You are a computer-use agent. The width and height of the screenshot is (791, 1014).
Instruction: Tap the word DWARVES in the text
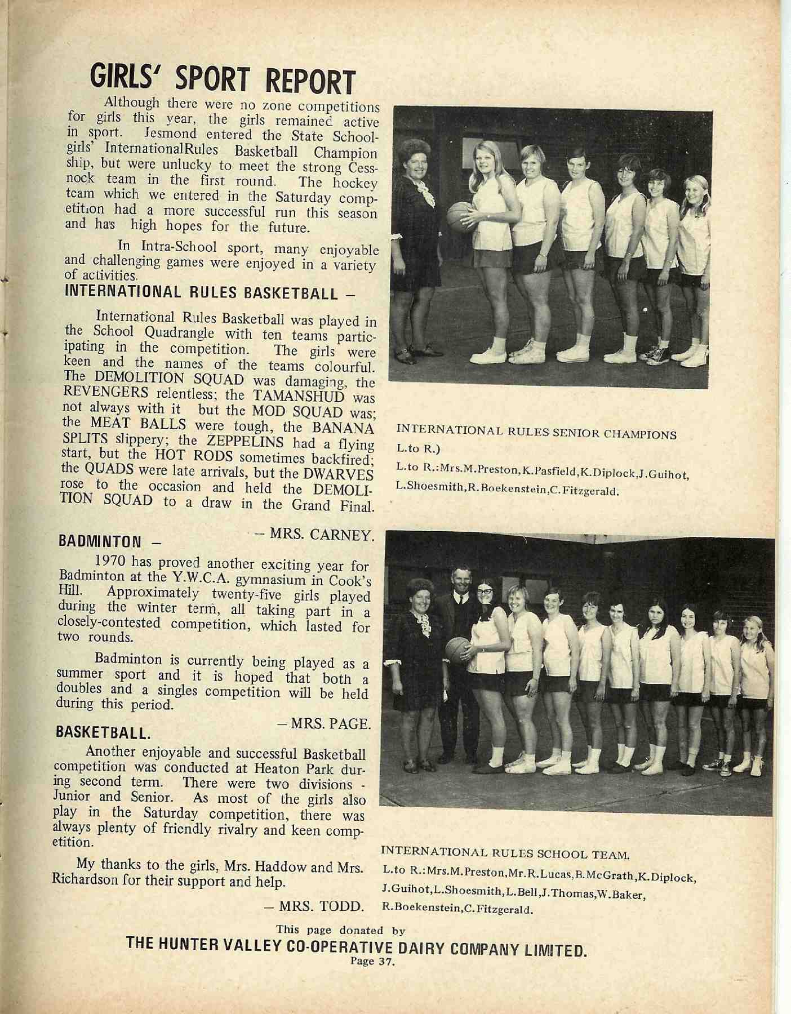(x=341, y=472)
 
